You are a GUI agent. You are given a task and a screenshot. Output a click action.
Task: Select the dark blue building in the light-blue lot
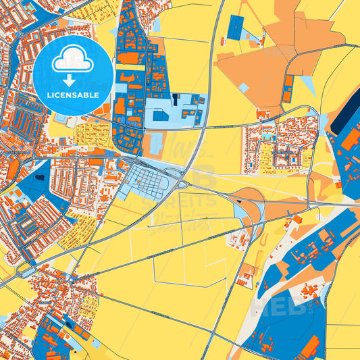click(161, 116)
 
